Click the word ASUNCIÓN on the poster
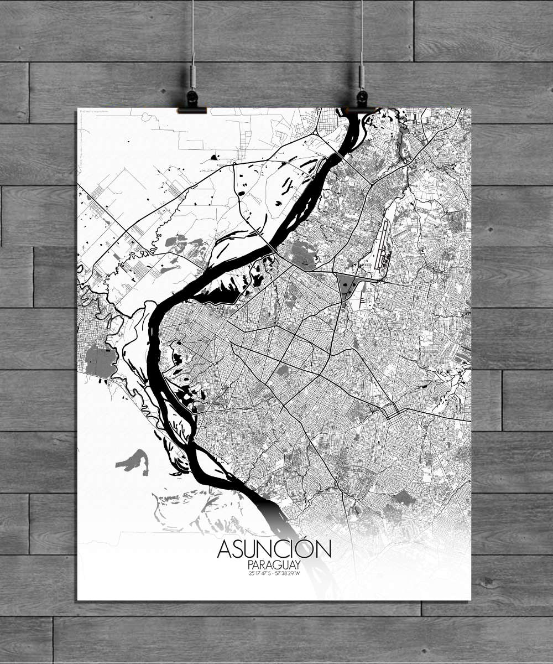tap(274, 549)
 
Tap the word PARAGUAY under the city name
tap(274, 566)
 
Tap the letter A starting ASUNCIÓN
tap(225, 549)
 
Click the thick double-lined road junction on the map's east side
tap(394, 412)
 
